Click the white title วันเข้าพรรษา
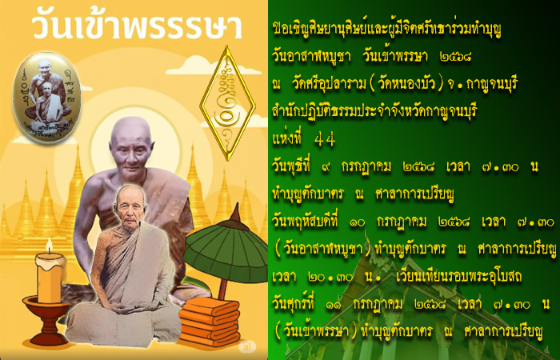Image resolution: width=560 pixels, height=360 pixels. click(x=137, y=26)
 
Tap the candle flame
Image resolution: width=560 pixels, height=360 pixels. click(x=50, y=246)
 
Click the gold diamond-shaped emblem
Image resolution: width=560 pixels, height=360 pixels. click(x=227, y=103)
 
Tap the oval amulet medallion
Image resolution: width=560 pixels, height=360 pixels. click(x=46, y=97)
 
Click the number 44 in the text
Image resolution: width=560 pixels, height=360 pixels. click(x=325, y=140)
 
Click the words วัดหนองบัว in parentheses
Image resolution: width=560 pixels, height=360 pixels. click(x=404, y=84)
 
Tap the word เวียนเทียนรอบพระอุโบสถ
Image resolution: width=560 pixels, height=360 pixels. click(x=458, y=277)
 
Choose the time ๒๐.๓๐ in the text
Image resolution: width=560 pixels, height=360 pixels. click(x=330, y=278)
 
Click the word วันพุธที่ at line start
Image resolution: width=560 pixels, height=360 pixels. click(x=291, y=166)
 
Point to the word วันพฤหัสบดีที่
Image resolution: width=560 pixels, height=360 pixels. click(x=305, y=222)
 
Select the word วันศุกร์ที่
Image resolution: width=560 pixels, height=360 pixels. click(x=293, y=303)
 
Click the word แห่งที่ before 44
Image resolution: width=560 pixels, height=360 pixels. click(x=286, y=139)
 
